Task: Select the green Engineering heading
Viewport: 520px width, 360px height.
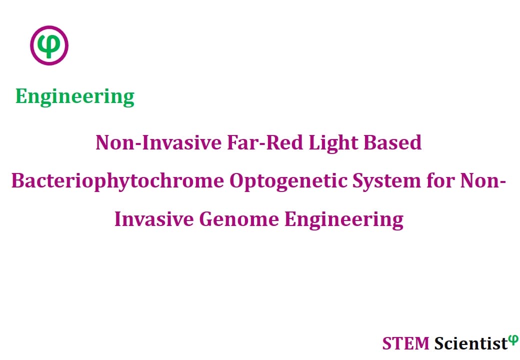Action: (x=75, y=97)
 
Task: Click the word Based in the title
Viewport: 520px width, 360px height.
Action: (x=392, y=142)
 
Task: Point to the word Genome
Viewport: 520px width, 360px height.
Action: (x=239, y=219)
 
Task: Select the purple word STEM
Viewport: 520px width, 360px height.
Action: (x=405, y=343)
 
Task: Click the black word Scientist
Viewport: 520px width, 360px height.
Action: (x=471, y=343)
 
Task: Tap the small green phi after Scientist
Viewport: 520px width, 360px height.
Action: (x=513, y=340)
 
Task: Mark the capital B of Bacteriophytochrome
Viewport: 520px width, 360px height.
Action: (x=18, y=181)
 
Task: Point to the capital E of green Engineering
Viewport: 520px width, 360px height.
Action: (x=21, y=96)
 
